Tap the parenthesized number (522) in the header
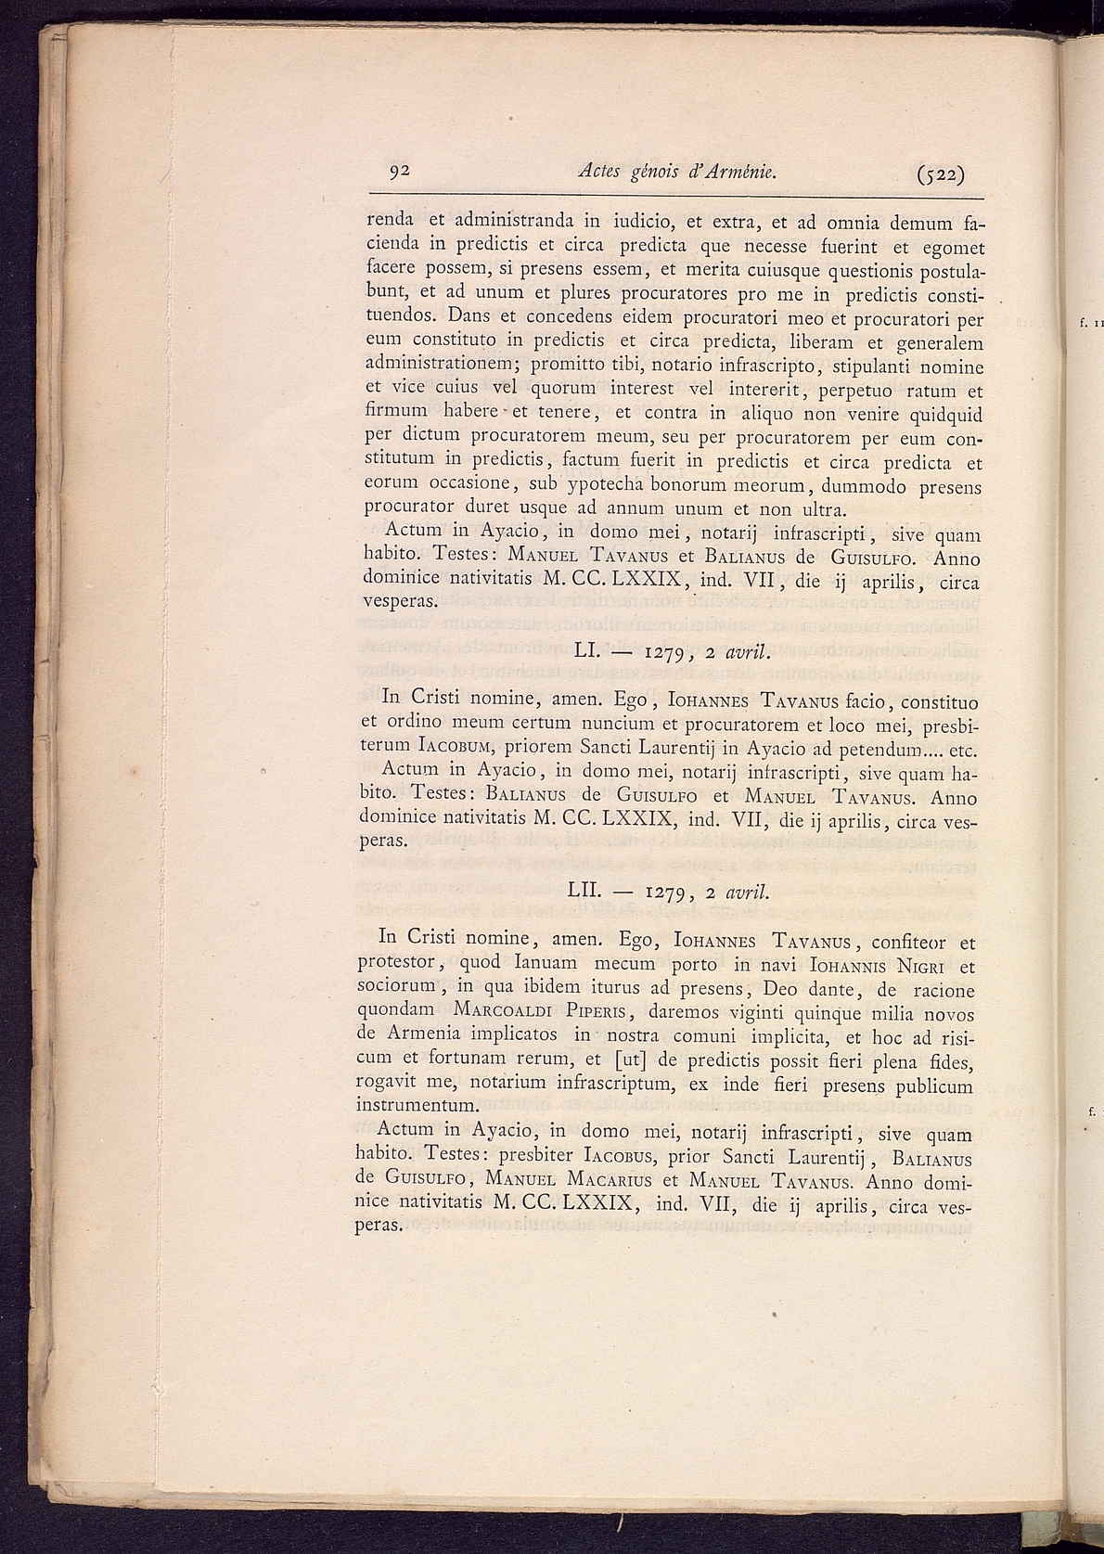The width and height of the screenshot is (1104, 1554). (x=940, y=174)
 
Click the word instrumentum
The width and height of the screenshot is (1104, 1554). (x=417, y=1106)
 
